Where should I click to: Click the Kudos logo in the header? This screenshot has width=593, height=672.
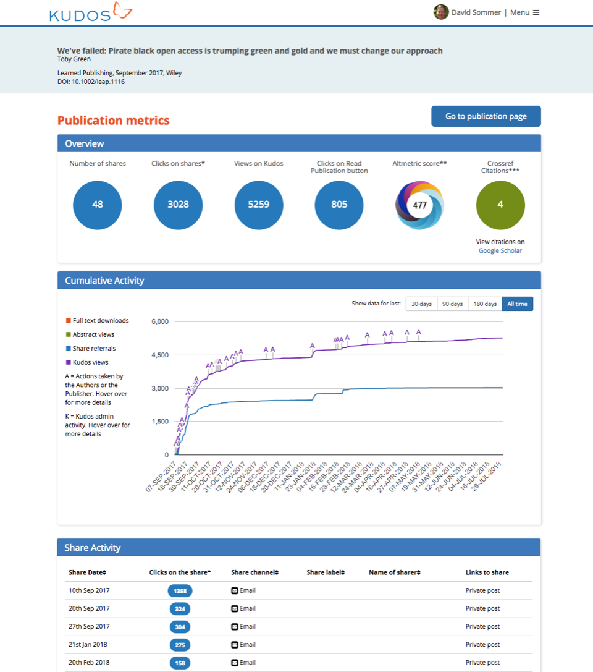pyautogui.click(x=90, y=12)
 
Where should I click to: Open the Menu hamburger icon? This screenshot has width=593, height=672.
pyautogui.click(x=536, y=12)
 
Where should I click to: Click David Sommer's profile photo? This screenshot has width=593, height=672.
pyautogui.click(x=441, y=12)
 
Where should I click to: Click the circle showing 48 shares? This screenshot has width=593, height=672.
pyautogui.click(x=98, y=205)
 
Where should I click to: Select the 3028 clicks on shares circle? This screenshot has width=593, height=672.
pyautogui.click(x=178, y=205)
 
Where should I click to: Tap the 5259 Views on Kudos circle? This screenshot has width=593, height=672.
pyautogui.click(x=259, y=205)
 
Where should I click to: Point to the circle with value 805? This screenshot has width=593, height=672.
pyautogui.click(x=339, y=205)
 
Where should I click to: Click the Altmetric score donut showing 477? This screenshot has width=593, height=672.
pyautogui.click(x=420, y=205)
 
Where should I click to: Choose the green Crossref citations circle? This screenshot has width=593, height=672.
pyautogui.click(x=500, y=205)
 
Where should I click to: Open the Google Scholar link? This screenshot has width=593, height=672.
pyautogui.click(x=500, y=250)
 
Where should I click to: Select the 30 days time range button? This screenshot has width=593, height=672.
pyautogui.click(x=421, y=304)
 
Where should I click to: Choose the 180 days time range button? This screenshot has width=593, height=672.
pyautogui.click(x=485, y=304)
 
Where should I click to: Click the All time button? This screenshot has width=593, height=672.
pyautogui.click(x=517, y=304)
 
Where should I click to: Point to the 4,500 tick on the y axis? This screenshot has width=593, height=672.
pyautogui.click(x=159, y=355)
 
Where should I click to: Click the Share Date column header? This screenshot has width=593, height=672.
pyautogui.click(x=87, y=572)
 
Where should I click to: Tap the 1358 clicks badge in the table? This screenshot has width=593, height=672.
pyautogui.click(x=180, y=591)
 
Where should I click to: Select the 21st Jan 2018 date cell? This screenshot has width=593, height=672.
pyautogui.click(x=88, y=645)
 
